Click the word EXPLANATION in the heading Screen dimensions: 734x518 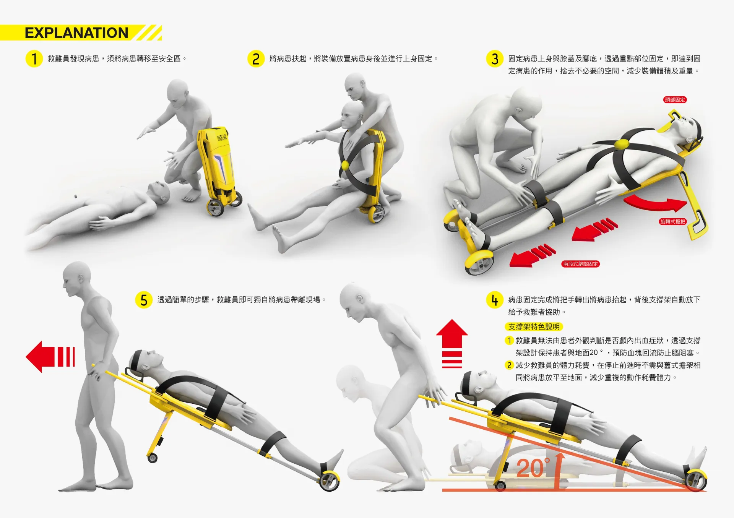(76, 33)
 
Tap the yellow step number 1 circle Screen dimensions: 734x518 (34, 58)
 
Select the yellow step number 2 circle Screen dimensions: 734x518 (256, 58)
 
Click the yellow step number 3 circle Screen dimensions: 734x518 (495, 58)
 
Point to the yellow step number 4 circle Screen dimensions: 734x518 (495, 300)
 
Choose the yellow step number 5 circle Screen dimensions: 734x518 (144, 300)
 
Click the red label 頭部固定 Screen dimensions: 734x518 (675, 100)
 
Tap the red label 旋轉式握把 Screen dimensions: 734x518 (673, 221)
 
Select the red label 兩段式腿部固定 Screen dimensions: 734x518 (580, 264)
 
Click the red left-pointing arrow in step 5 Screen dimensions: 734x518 (50, 357)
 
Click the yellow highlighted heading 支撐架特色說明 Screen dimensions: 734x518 (534, 326)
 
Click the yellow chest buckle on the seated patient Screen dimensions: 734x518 (345, 165)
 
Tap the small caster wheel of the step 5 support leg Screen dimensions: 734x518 (153, 458)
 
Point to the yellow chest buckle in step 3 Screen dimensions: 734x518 (622, 144)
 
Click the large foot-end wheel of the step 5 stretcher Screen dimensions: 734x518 (330, 481)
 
